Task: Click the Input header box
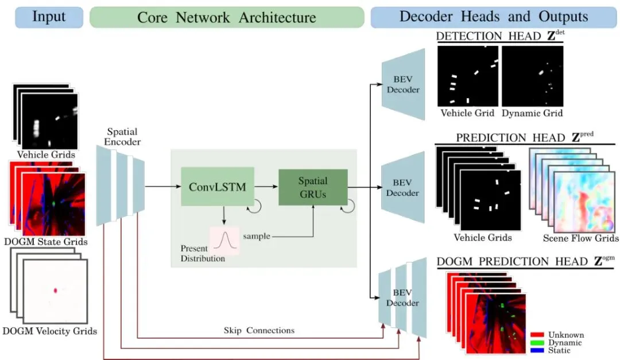click(49, 17)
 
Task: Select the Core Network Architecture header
click(227, 17)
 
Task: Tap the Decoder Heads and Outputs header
click(494, 17)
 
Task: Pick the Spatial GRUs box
click(313, 187)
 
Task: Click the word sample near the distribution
click(256, 236)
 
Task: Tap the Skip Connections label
click(259, 330)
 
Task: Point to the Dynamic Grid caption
click(532, 113)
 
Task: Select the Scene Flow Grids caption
click(581, 238)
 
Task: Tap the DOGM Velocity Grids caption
click(49, 331)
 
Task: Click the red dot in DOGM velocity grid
click(56, 291)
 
